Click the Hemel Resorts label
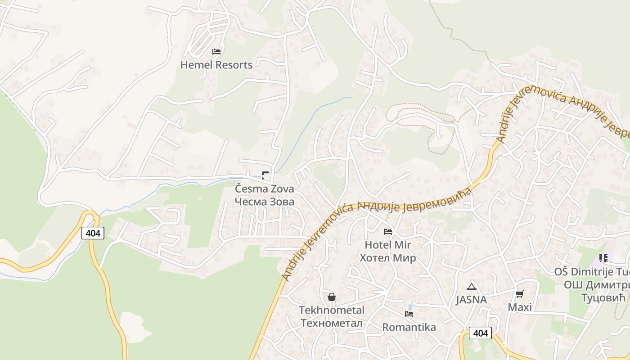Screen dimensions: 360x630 216,65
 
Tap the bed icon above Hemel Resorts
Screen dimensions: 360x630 216,52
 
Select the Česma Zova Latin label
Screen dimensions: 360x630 264,189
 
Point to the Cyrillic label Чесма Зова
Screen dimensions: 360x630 264,202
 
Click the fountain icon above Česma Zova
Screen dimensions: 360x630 265,175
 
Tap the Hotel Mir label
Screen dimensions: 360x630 387,245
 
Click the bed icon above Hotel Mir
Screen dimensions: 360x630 388,232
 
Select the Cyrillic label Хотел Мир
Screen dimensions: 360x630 387,258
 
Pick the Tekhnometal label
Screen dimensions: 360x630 332,310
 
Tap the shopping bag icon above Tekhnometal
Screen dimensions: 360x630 332,297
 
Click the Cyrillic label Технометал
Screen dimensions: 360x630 332,323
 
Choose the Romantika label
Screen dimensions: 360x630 409,327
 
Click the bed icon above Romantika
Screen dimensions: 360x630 409,314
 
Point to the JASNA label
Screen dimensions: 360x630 471,300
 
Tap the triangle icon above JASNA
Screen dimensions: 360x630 471,287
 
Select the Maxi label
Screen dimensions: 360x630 520,307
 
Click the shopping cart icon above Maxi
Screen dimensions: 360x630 520,294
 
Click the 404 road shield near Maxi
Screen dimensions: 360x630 480,333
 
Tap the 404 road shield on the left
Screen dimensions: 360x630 93,233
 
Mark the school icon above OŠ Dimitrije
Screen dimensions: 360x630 603,258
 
